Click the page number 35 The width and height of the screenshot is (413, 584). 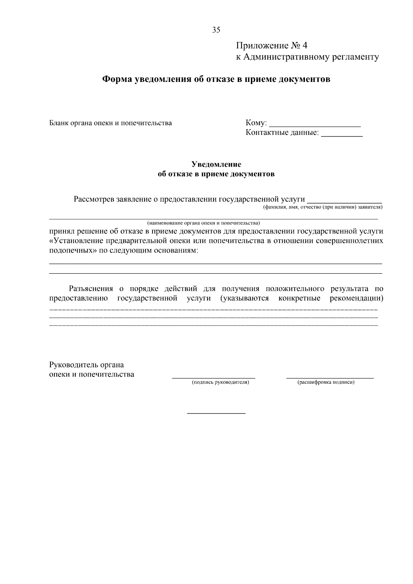click(216, 30)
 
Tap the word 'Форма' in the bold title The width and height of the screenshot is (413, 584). click(117, 79)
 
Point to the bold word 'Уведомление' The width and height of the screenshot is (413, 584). click(216, 164)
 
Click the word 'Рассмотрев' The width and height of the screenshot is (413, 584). click(94, 199)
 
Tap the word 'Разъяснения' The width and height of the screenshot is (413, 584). click(91, 288)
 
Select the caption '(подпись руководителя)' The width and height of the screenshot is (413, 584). click(220, 382)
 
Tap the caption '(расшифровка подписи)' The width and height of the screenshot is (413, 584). click(326, 382)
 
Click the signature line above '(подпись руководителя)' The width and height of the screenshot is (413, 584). click(213, 378)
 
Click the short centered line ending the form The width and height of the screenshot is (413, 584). click(216, 413)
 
